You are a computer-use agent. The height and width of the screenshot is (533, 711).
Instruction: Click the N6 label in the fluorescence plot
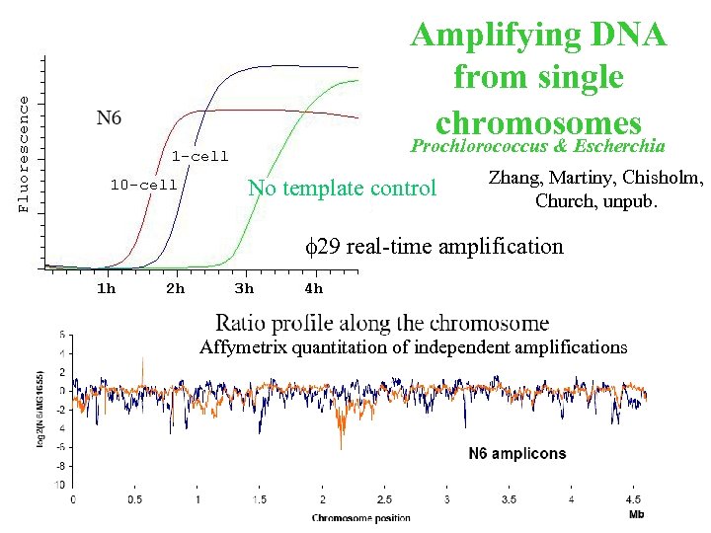(x=109, y=118)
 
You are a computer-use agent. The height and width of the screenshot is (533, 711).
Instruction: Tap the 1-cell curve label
(x=199, y=156)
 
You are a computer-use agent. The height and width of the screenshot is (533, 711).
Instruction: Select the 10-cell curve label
(x=143, y=185)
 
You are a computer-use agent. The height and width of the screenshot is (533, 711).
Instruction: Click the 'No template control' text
(x=342, y=188)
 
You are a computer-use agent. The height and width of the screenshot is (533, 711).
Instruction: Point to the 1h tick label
(x=105, y=288)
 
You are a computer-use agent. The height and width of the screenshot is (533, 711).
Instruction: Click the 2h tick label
(x=175, y=288)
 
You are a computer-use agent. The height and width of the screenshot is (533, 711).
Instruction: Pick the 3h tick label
(x=244, y=288)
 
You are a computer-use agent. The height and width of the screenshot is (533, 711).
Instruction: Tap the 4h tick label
(x=313, y=288)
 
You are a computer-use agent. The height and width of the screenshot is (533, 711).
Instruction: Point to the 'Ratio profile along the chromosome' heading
(x=382, y=322)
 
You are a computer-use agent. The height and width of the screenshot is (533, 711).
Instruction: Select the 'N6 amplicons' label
(x=516, y=454)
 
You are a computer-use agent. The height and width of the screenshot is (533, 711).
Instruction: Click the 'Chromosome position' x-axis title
(x=361, y=517)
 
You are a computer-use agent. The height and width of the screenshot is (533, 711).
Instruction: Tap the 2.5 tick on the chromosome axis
(x=384, y=500)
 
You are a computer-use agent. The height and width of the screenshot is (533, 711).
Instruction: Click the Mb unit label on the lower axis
(x=638, y=513)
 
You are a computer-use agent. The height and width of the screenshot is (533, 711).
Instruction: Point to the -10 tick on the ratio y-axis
(x=59, y=485)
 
